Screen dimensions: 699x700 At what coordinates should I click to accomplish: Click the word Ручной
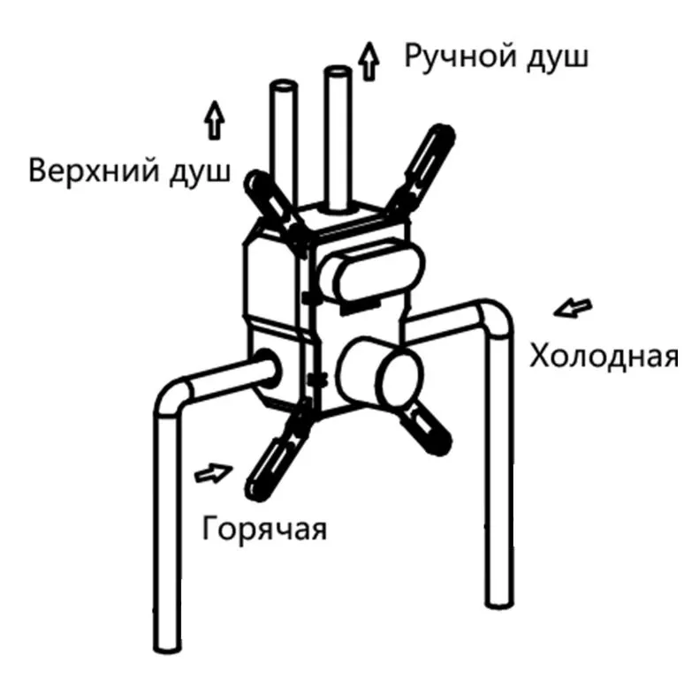click(460, 57)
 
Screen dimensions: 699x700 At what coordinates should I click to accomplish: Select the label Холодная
click(604, 357)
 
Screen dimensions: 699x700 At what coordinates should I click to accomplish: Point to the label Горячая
click(264, 529)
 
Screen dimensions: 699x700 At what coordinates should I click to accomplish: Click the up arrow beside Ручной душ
click(368, 61)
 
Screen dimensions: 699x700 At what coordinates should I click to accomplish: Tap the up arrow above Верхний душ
click(215, 120)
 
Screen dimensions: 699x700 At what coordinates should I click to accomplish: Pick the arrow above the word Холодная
click(574, 307)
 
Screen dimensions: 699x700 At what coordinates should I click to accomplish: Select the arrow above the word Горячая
click(214, 474)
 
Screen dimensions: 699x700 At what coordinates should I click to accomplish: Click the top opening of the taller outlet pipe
click(338, 72)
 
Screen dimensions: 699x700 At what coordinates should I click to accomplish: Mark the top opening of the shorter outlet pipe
click(284, 85)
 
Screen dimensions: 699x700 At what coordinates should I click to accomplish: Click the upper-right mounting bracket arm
click(422, 169)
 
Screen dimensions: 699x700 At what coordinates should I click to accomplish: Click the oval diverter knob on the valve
click(372, 273)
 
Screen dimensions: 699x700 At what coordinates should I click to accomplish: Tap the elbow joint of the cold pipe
click(494, 320)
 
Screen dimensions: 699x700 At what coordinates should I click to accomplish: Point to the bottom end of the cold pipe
click(499, 601)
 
